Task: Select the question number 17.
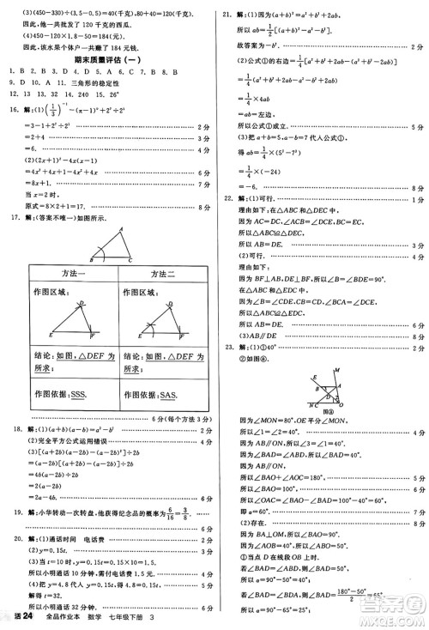11,218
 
